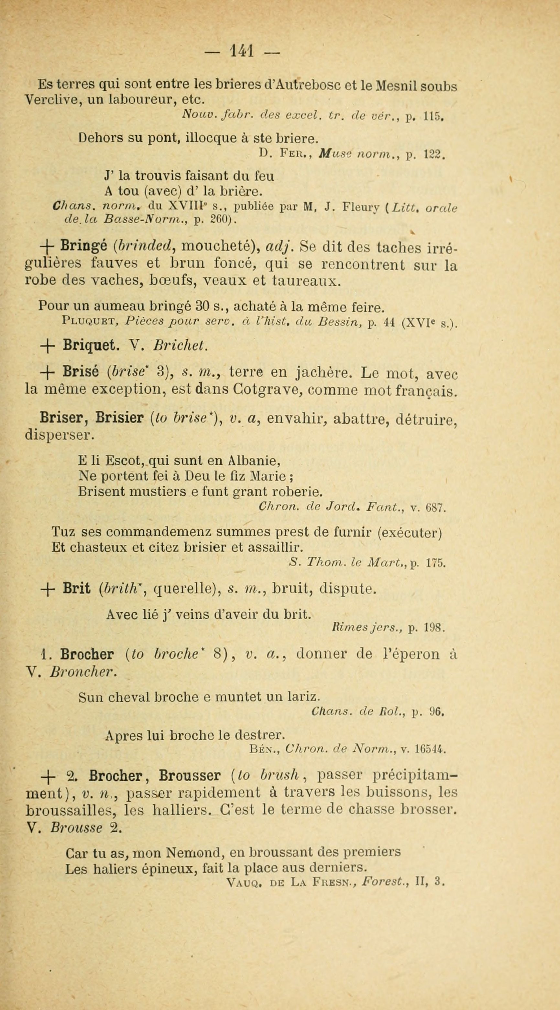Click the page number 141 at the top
pyautogui.click(x=243, y=51)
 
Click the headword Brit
pyautogui.click(x=76, y=589)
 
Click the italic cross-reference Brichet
pyautogui.click(x=180, y=345)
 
